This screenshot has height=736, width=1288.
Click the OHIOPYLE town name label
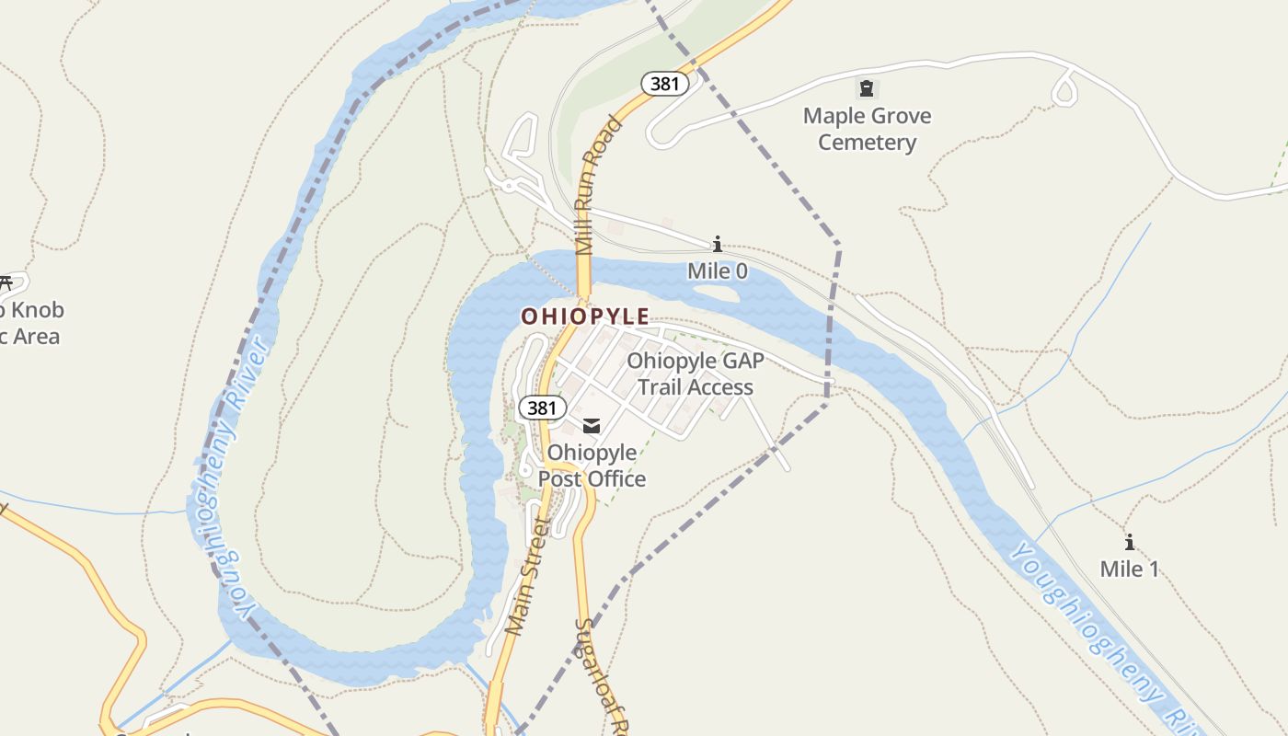pyautogui.click(x=585, y=316)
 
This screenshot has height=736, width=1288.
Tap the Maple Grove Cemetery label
pyautogui.click(x=867, y=129)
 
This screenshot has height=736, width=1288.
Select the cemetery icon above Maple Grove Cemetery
pyautogui.click(x=866, y=89)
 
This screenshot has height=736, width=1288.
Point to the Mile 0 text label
pyautogui.click(x=718, y=271)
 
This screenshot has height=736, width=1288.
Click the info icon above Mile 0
pyautogui.click(x=718, y=245)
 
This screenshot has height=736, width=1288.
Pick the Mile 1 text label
pyautogui.click(x=1130, y=569)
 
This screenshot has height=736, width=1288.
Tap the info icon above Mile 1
pyautogui.click(x=1130, y=543)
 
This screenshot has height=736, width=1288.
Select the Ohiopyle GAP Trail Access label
pyautogui.click(x=696, y=374)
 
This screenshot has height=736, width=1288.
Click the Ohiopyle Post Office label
pyautogui.click(x=592, y=465)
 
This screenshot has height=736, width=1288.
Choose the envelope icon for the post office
pyautogui.click(x=592, y=425)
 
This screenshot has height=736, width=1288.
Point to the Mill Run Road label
pyautogui.click(x=596, y=184)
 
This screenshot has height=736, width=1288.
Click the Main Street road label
pyautogui.click(x=528, y=576)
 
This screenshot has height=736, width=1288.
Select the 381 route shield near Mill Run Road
pyautogui.click(x=664, y=84)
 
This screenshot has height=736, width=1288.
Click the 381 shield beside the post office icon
pyautogui.click(x=541, y=407)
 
